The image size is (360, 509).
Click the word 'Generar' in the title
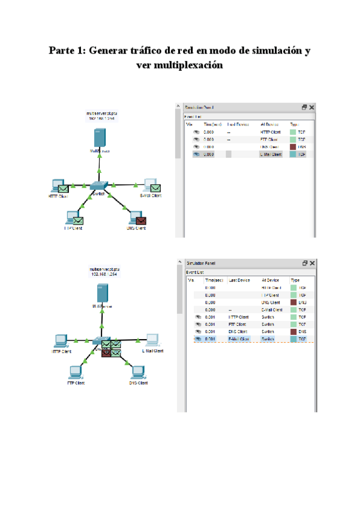(110, 50)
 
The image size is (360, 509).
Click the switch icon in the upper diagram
(98, 186)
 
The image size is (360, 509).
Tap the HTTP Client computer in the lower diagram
(61, 340)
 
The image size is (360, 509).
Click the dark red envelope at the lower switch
(106, 352)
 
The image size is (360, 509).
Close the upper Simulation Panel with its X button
(311, 107)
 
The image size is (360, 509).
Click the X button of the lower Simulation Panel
(311, 263)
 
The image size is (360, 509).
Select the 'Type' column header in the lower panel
(295, 280)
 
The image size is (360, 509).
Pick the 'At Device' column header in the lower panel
(270, 280)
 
